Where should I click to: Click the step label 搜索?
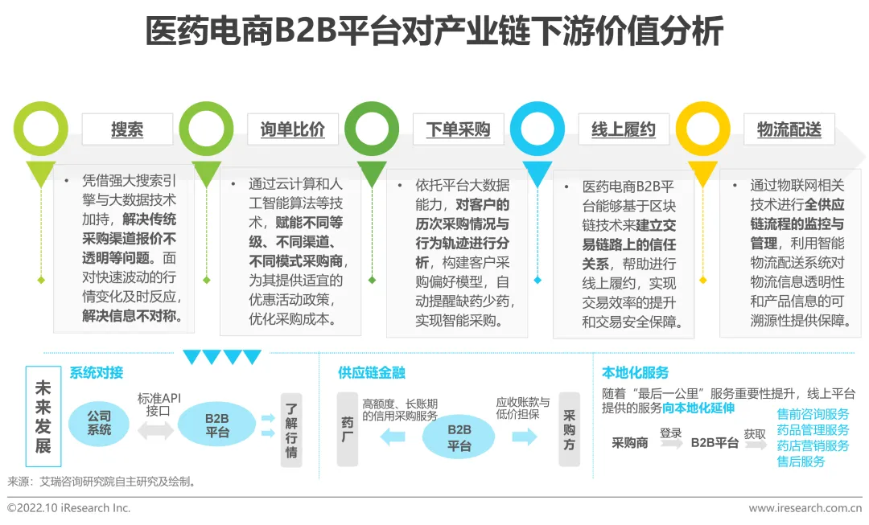(127, 129)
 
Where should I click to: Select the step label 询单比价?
(293, 129)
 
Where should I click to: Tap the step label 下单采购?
(458, 129)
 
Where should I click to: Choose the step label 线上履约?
(624, 129)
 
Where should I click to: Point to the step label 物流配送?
(789, 129)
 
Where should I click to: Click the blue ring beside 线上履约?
(537, 129)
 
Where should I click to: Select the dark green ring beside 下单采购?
(372, 129)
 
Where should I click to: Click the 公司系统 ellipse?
(100, 424)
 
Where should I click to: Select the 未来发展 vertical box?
(43, 416)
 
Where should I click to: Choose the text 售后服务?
(801, 461)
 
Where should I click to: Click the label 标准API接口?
(158, 404)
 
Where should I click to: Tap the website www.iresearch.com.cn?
(805, 508)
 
